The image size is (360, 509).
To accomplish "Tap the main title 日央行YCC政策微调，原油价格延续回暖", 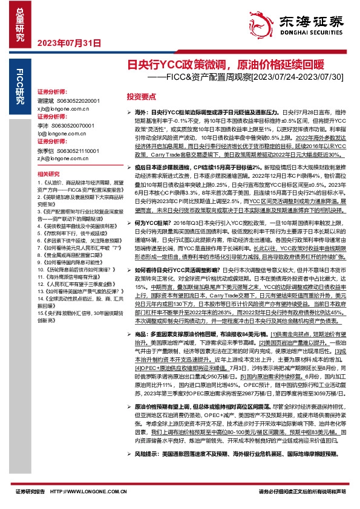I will [x=221, y=64].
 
